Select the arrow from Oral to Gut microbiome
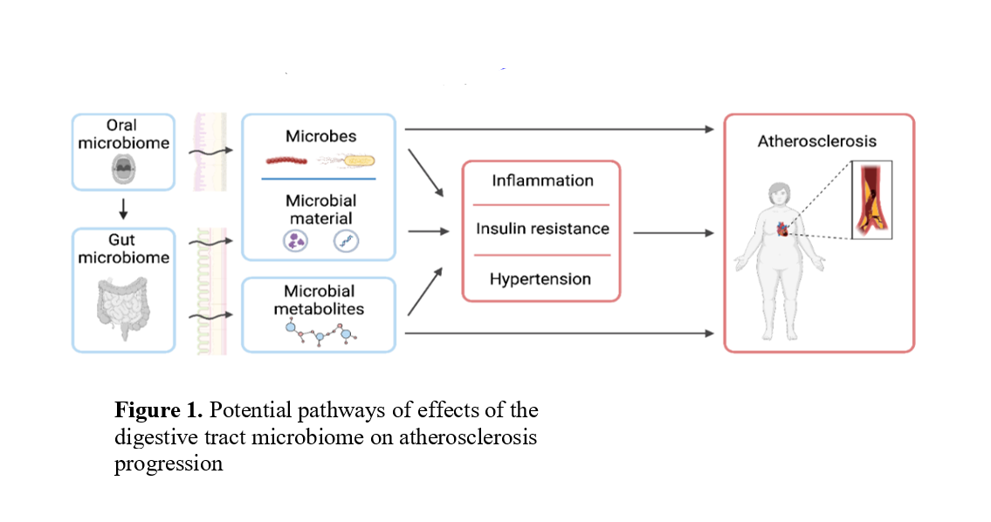(122, 209)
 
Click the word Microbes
(320, 137)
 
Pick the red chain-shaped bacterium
(289, 161)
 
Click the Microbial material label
(320, 210)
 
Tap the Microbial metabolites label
(320, 299)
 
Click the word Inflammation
(542, 182)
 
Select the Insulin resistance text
(542, 229)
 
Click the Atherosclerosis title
(817, 141)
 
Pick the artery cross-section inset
(871, 200)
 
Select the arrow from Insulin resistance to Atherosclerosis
(672, 233)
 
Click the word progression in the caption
(169, 464)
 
